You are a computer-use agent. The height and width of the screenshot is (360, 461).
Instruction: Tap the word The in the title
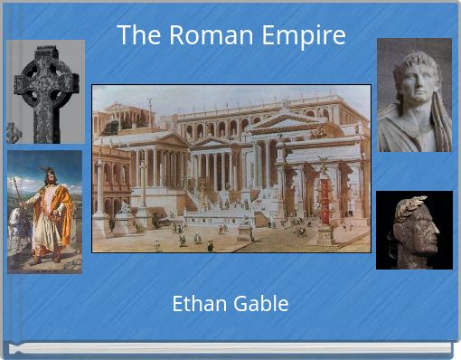tap(136, 36)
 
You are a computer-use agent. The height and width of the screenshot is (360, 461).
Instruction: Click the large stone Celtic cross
tap(48, 90)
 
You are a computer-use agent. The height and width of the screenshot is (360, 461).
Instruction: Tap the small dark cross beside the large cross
tap(14, 133)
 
